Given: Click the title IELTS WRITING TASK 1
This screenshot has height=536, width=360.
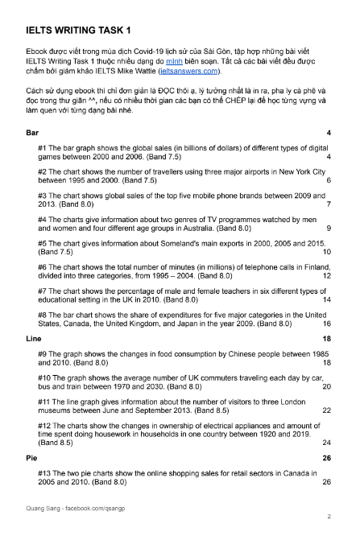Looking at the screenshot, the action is click(x=77, y=31).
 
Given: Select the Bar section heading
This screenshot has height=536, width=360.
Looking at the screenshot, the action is click(x=33, y=131).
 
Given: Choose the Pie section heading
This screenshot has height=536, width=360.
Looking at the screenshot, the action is click(x=32, y=457).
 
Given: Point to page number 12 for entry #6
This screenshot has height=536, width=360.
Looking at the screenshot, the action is click(x=326, y=275).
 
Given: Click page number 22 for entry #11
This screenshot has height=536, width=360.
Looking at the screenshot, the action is click(x=326, y=410).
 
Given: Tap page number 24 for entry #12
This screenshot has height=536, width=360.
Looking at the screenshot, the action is click(x=326, y=442).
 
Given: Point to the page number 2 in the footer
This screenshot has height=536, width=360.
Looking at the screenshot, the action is click(x=329, y=516).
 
